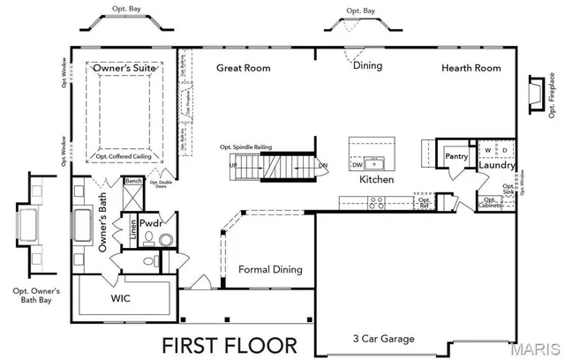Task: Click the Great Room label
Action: tap(244, 68)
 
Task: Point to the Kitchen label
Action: tap(376, 179)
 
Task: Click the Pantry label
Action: tap(456, 156)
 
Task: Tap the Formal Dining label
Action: tap(270, 269)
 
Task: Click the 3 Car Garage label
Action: tap(383, 339)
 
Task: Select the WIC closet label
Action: tap(121, 298)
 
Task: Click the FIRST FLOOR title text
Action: tap(228, 343)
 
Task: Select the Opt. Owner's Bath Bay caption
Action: tap(36, 296)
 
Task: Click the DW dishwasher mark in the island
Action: tap(358, 164)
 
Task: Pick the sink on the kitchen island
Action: tap(376, 163)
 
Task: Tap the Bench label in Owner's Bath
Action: tap(133, 181)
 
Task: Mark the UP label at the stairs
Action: tap(233, 165)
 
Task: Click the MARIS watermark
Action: tap(539, 349)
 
